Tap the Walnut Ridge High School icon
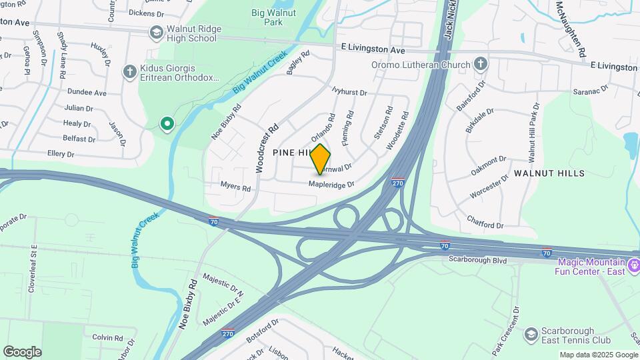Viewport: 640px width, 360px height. point(156,32)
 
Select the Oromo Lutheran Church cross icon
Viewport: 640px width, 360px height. point(481,64)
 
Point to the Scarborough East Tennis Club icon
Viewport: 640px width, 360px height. point(531,333)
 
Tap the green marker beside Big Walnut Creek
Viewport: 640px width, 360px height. point(167,123)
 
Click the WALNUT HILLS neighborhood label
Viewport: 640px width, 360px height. point(549,173)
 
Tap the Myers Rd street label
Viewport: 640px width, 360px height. point(235,188)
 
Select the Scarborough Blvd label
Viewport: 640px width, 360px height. point(478,259)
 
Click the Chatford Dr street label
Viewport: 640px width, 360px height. point(485,221)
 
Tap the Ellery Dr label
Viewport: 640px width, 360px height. point(61,154)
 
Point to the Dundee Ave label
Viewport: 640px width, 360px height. point(86,93)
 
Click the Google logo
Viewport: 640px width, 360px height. point(22,352)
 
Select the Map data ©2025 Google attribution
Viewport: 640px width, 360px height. point(599,355)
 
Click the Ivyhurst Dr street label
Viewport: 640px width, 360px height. point(349,91)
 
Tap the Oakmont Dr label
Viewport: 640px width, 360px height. point(489,163)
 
